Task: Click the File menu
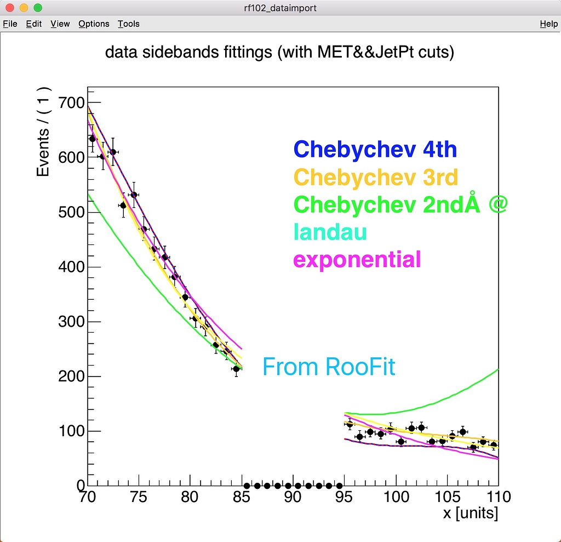click(10, 24)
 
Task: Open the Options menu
click(94, 24)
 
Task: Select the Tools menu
click(129, 24)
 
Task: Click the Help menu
click(548, 24)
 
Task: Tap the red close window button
click(9, 8)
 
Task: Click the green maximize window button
click(38, 8)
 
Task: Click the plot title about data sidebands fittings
click(279, 53)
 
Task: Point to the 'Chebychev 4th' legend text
click(375, 149)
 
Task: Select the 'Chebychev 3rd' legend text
click(376, 177)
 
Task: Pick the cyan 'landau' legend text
click(330, 232)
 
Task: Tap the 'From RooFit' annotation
click(329, 367)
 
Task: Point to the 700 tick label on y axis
click(71, 103)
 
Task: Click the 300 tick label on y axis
click(71, 322)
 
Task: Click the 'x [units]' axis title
click(471, 514)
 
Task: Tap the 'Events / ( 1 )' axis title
click(44, 132)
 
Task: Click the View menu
click(60, 24)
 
